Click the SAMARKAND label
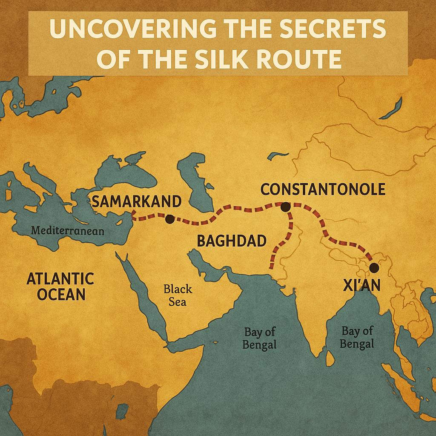pyautogui.click(x=136, y=201)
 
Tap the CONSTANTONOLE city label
pyautogui.click(x=323, y=189)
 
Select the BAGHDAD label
pyautogui.click(x=231, y=241)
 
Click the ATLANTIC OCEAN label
pyautogui.click(x=60, y=287)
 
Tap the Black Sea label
pyautogui.click(x=178, y=295)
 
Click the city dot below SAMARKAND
pyautogui.click(x=169, y=219)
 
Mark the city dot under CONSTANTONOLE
pyautogui.click(x=285, y=207)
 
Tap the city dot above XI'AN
pyautogui.click(x=374, y=267)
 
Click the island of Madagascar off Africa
pyautogui.click(x=122, y=411)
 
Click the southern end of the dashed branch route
pyautogui.click(x=271, y=267)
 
